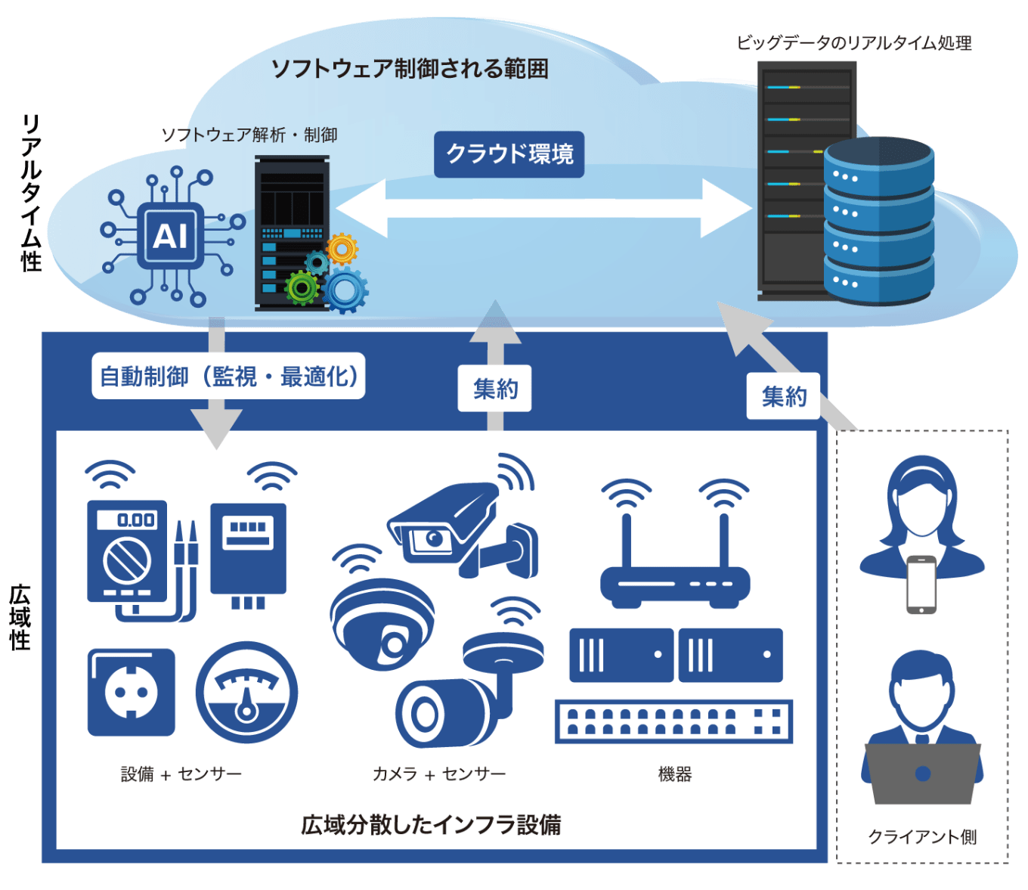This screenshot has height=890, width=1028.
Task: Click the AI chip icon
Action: pyautogui.click(x=171, y=236)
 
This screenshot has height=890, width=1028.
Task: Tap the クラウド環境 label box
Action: pyautogui.click(x=509, y=154)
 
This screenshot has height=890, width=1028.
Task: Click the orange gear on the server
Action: pyautogui.click(x=342, y=248)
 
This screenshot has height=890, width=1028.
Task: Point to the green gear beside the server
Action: pyautogui.click(x=302, y=287)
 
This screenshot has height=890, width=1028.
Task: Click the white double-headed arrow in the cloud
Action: pyautogui.click(x=543, y=208)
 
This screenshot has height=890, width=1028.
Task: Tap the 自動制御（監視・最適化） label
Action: pyautogui.click(x=228, y=376)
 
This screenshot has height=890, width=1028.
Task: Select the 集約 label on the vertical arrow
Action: pyautogui.click(x=495, y=389)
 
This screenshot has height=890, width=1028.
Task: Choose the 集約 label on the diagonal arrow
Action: pyautogui.click(x=783, y=395)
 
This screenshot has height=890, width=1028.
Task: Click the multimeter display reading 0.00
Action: pyautogui.click(x=136, y=519)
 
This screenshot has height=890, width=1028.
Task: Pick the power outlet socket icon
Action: pyautogui.click(x=132, y=692)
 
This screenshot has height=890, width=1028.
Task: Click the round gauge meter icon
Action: pyautogui.click(x=246, y=692)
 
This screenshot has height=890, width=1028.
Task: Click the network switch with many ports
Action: pyautogui.click(x=673, y=721)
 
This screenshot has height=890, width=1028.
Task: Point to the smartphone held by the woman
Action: pyautogui.click(x=921, y=585)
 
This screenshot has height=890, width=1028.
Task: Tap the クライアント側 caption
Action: pyautogui.click(x=922, y=836)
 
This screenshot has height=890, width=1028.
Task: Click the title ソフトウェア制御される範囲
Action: pyautogui.click(x=410, y=69)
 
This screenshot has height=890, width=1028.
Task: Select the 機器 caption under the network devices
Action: pyautogui.click(x=674, y=774)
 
